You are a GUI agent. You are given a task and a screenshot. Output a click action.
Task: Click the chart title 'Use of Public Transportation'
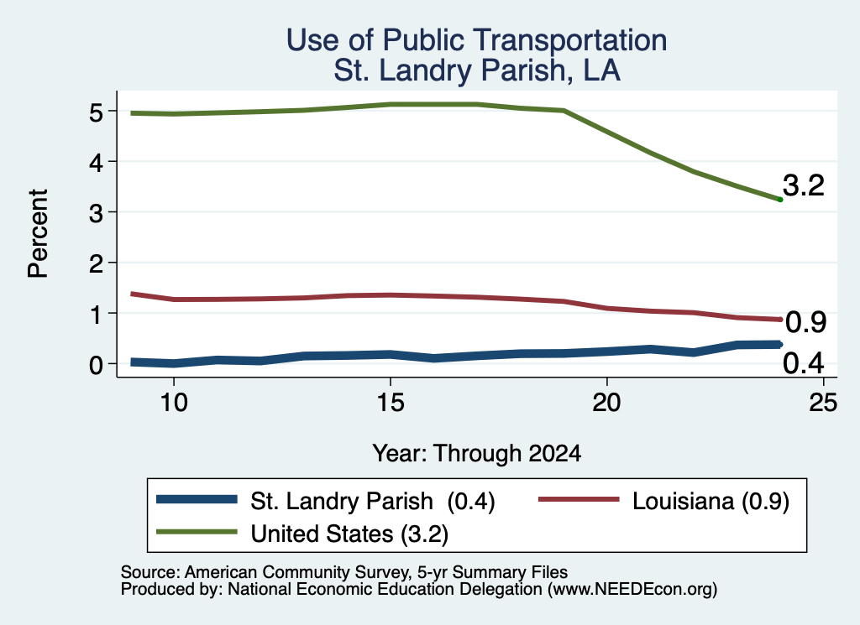tap(477, 40)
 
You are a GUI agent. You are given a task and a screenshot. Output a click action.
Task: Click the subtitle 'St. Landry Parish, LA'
tap(477, 70)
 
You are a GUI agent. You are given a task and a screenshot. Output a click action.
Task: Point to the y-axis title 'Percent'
tap(38, 233)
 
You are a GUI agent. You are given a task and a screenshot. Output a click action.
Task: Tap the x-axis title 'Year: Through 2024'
tap(477, 454)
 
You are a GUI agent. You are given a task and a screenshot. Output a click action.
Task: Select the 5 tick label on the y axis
tap(96, 113)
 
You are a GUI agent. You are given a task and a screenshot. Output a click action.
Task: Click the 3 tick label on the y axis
tap(96, 212)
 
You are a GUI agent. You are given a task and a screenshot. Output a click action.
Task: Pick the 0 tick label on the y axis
tap(96, 364)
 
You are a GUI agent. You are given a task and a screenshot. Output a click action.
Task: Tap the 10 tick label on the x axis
tap(174, 403)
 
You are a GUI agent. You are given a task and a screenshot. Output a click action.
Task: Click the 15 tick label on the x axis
tap(391, 403)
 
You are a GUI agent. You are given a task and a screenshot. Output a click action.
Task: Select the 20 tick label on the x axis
tap(606, 403)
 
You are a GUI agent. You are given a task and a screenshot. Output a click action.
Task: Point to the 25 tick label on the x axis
tap(823, 403)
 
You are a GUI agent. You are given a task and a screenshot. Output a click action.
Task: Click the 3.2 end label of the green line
tap(804, 185)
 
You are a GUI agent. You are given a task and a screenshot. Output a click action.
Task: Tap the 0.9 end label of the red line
tap(805, 322)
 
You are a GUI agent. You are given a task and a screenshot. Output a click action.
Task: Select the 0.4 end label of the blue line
tap(804, 363)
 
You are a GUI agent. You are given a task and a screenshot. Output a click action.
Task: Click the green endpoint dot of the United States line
tap(780, 200)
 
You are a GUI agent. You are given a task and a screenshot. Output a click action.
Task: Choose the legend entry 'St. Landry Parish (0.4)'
tap(326, 501)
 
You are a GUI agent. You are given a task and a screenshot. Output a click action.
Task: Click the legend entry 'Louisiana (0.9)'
tap(663, 501)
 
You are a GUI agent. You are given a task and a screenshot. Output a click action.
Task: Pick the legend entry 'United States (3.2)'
tap(302, 533)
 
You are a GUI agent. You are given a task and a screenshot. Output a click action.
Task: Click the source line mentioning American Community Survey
tap(343, 572)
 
